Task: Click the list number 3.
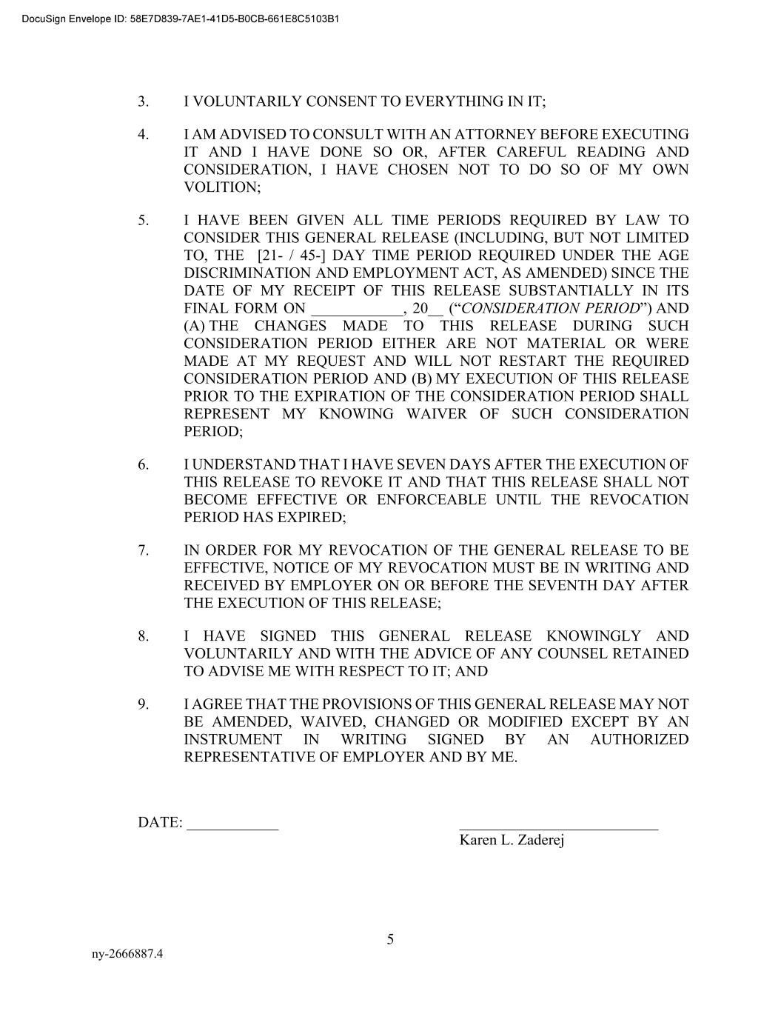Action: click(x=143, y=101)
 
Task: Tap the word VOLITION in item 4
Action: click(x=221, y=187)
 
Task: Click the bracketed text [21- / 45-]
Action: click(x=292, y=256)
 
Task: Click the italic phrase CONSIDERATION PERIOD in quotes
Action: click(x=550, y=308)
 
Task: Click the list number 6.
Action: click(x=143, y=464)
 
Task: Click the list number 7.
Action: click(x=143, y=550)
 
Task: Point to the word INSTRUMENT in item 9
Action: click(x=232, y=739)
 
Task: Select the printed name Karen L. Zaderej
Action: click(x=512, y=840)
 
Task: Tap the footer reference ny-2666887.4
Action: click(x=127, y=954)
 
